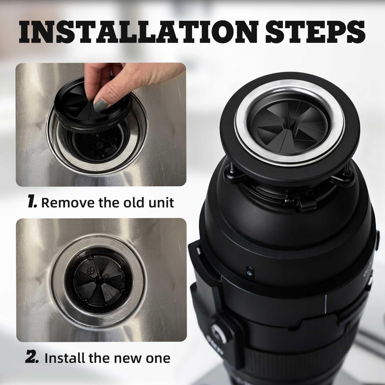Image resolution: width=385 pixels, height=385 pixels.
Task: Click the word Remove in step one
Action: pos(67,202)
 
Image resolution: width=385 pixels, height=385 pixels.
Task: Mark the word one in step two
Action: pos(156,358)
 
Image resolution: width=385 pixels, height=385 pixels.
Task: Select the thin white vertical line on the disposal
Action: pos(325,304)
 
